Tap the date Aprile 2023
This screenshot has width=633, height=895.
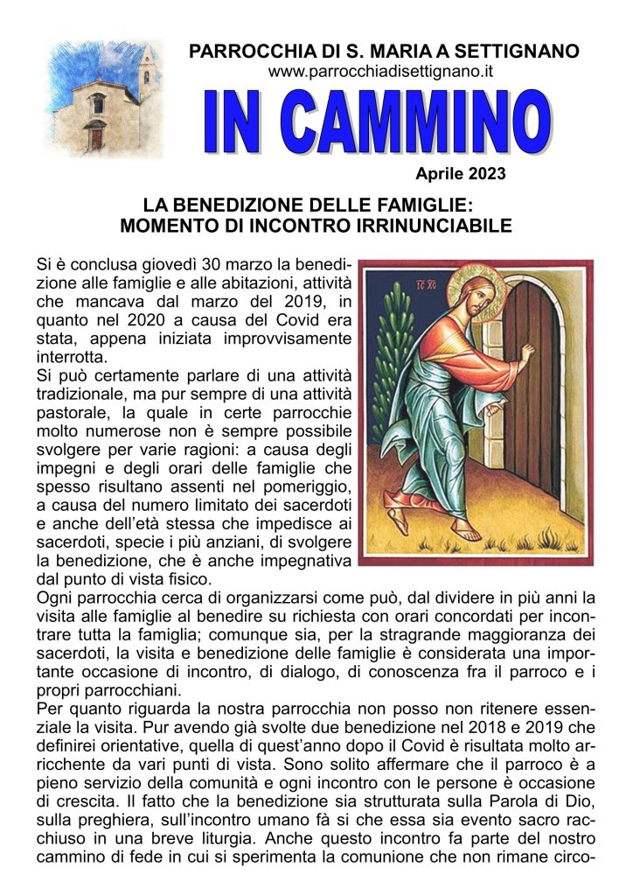pos(460,174)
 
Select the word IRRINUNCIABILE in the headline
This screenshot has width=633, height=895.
pos(424,227)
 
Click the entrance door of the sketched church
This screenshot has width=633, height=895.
pos(95,136)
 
